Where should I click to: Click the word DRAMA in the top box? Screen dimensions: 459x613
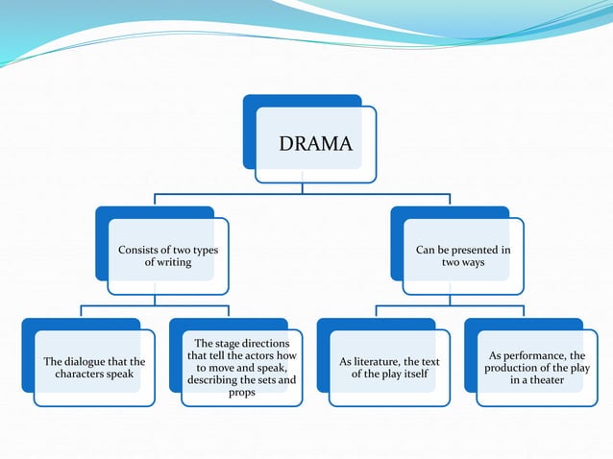[x=315, y=145]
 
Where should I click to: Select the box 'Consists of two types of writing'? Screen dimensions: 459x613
[x=167, y=256]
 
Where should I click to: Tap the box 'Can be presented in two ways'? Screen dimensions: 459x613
[x=463, y=256]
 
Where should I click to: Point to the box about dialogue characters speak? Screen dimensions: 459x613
[x=94, y=368]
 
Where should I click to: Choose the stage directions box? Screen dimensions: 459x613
[x=242, y=368]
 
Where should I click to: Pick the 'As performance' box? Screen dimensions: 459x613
[x=537, y=368]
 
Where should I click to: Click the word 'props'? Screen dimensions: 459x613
[x=242, y=393]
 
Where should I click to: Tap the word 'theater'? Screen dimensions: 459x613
[x=551, y=380]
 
